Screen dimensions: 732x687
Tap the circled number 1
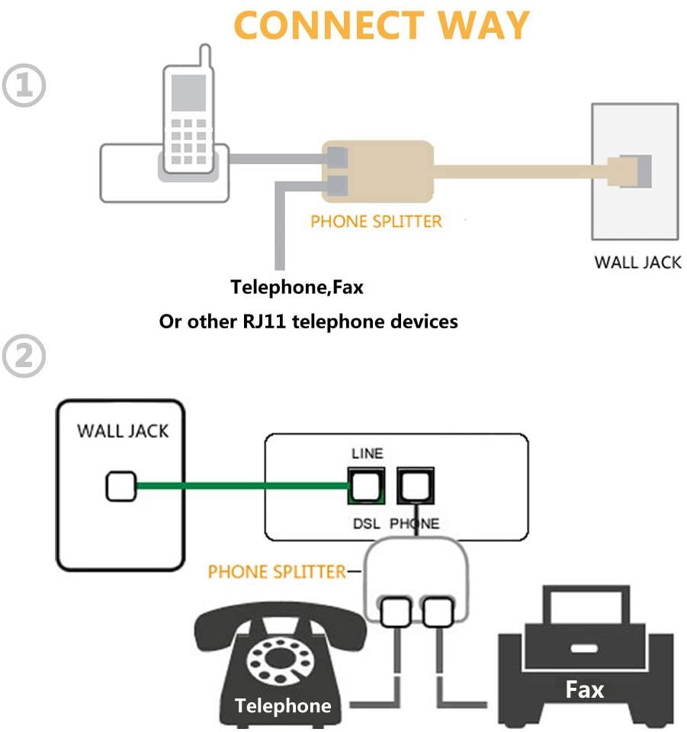point(24,87)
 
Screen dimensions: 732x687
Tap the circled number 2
point(24,356)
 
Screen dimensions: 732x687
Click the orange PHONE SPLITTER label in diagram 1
point(376,222)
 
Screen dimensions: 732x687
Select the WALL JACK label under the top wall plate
point(637,263)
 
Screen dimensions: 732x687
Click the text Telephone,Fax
point(297,288)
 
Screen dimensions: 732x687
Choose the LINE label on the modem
point(367,453)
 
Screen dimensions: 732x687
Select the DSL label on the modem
point(366,523)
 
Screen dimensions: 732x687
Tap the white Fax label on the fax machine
point(585,689)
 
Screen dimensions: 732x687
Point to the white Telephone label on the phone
point(283,705)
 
